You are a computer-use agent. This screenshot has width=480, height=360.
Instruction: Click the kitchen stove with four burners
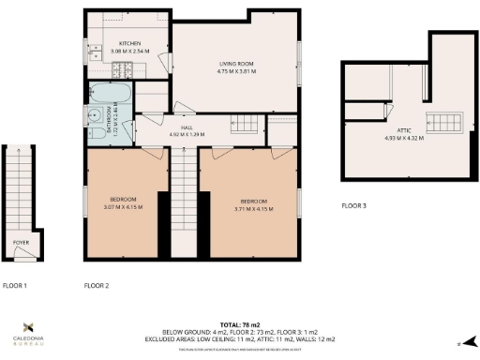click(x=121, y=69)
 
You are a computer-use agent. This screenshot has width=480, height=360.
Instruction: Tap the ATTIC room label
click(x=404, y=131)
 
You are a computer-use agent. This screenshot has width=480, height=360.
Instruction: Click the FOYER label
click(x=21, y=242)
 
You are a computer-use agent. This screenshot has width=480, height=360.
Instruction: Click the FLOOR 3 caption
click(x=355, y=205)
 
